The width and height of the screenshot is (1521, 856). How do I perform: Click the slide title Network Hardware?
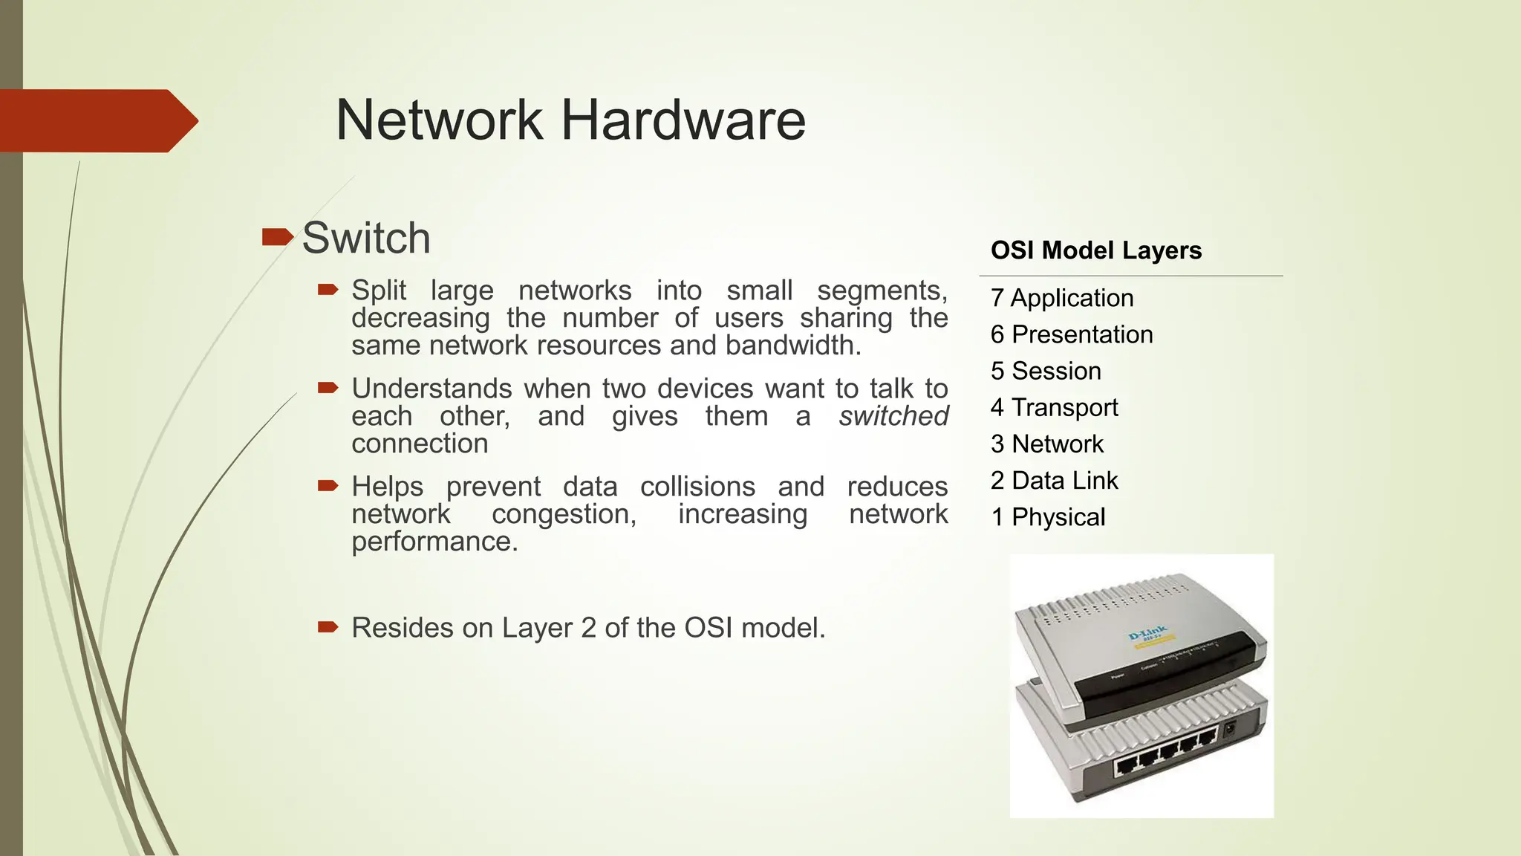(x=570, y=120)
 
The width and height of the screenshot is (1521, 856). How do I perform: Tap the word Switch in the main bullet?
(x=366, y=239)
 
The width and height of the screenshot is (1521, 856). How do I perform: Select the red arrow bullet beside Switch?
(x=278, y=238)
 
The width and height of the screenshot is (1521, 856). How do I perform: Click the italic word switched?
(x=893, y=416)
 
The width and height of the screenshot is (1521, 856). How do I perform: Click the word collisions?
(x=697, y=487)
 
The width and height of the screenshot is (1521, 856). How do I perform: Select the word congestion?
(x=564, y=514)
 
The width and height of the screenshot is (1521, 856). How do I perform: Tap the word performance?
(x=434, y=542)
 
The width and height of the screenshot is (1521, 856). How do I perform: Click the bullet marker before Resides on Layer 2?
(x=328, y=627)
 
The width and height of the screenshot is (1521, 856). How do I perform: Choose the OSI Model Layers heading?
(x=1096, y=250)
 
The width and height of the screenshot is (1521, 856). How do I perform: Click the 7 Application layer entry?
(x=1062, y=298)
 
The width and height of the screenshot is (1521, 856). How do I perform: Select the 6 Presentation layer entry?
(x=1072, y=334)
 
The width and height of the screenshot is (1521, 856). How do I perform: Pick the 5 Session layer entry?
(x=1046, y=371)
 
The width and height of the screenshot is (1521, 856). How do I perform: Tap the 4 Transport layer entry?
(x=1054, y=407)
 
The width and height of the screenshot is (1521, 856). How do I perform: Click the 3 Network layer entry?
(x=1047, y=444)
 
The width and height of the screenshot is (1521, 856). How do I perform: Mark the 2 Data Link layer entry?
(x=1054, y=481)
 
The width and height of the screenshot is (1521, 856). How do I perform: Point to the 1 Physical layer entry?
(x=1048, y=517)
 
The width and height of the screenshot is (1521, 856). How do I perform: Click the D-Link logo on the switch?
(x=1148, y=634)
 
